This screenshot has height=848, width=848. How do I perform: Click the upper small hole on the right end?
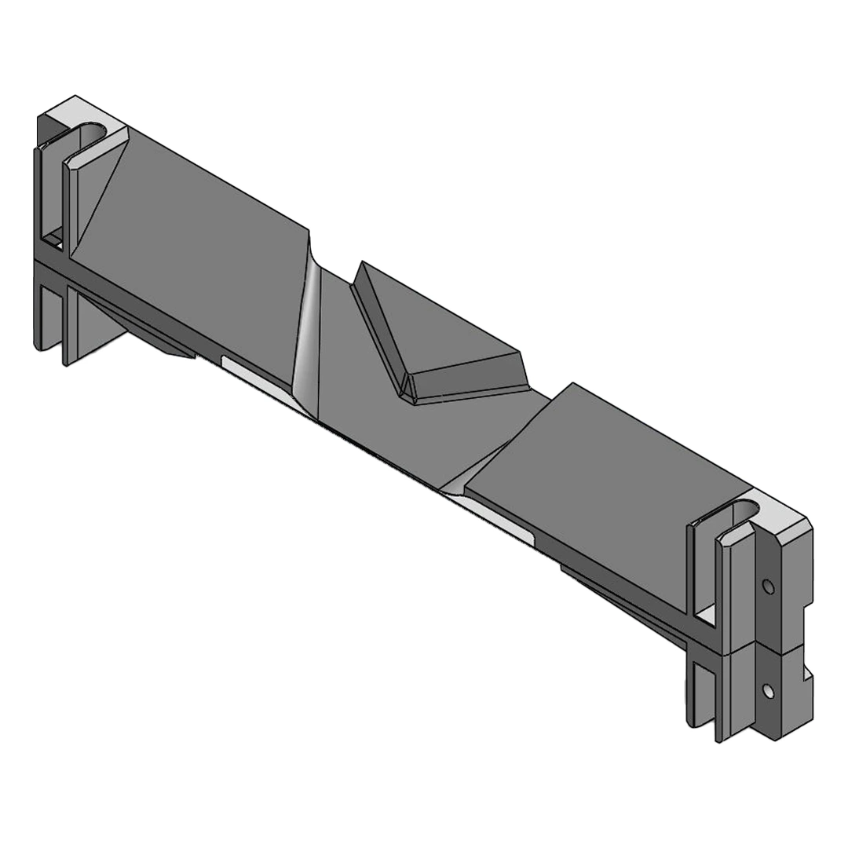pos(768,587)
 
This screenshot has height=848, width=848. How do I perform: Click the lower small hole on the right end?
pos(768,691)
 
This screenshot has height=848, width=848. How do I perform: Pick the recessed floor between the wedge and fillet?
pos(353,353)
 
